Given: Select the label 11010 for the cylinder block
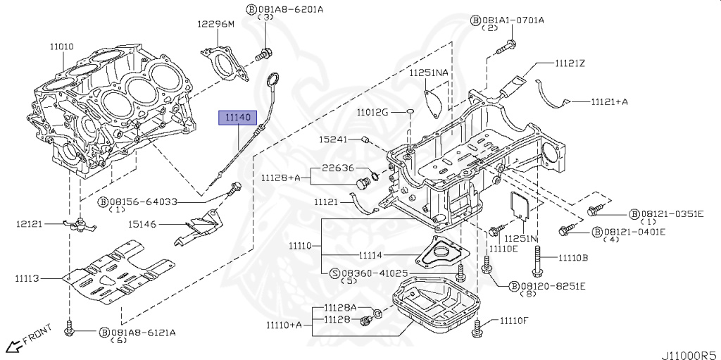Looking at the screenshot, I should (x=61, y=46).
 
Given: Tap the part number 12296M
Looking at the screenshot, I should (x=215, y=24).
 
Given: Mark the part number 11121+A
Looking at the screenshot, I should (x=608, y=101).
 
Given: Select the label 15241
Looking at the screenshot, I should (x=333, y=139).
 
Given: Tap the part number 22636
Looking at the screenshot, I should (x=338, y=168).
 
